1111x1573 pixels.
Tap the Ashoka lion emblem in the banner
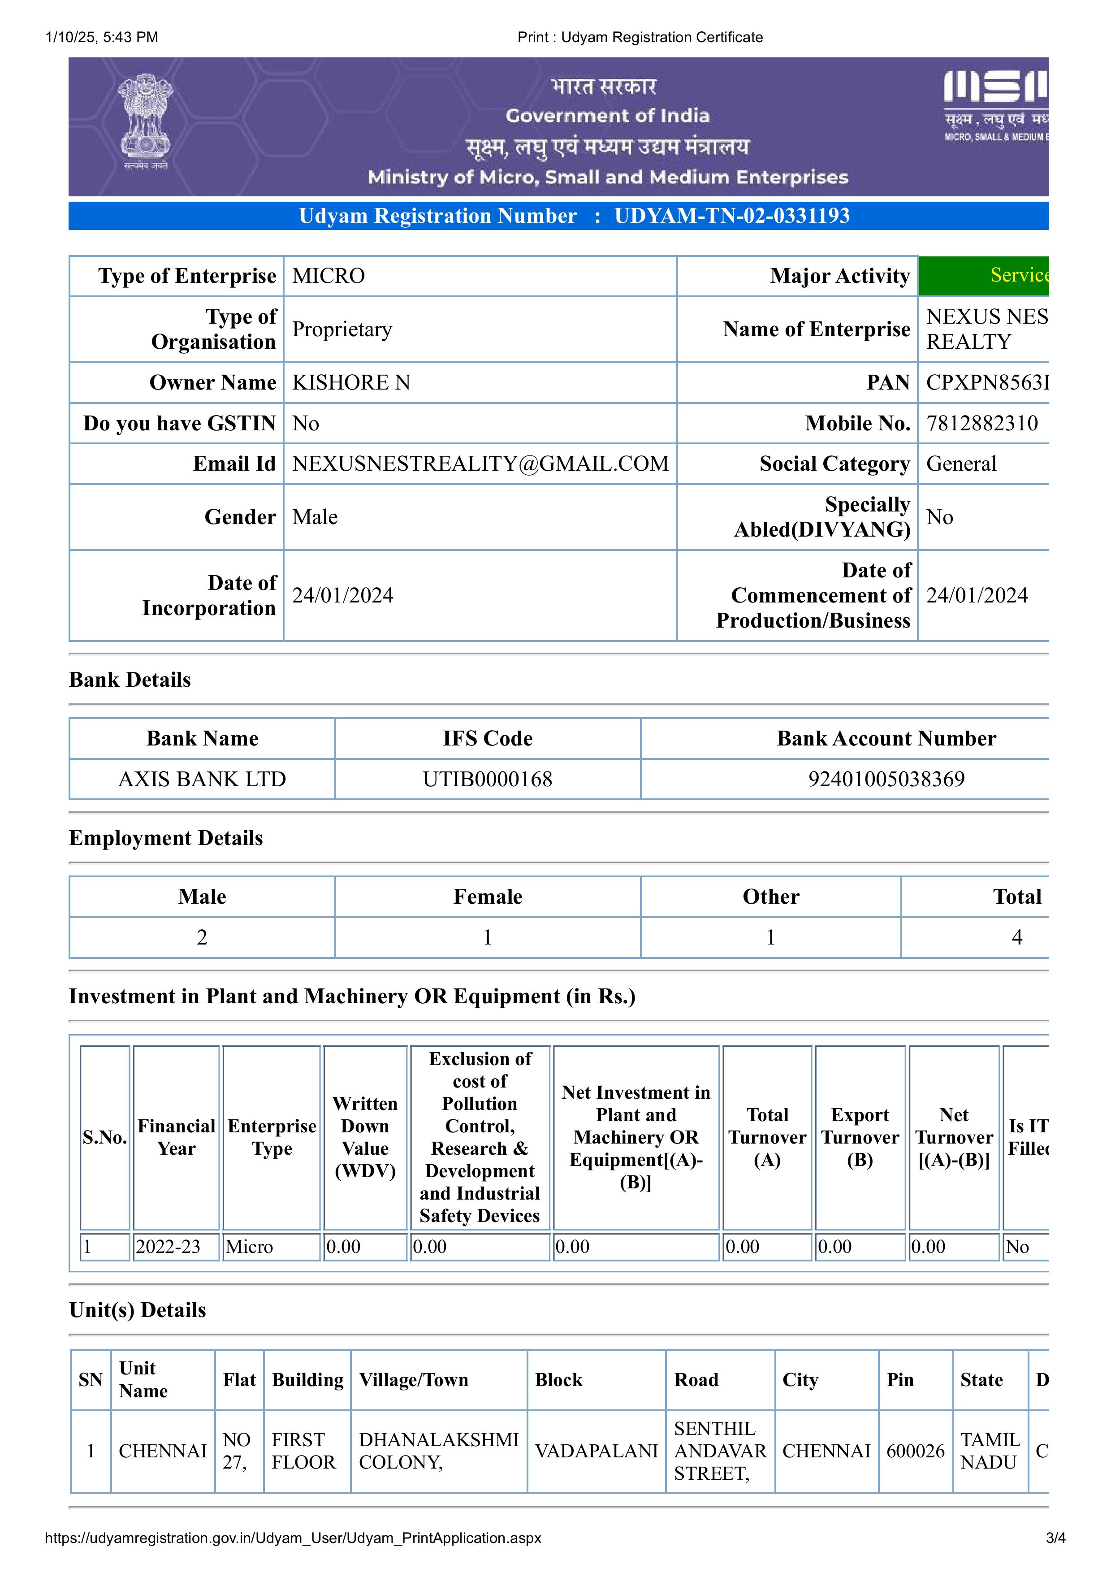point(145,120)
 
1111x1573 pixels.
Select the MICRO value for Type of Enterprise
point(329,276)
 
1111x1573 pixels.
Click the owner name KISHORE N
point(351,382)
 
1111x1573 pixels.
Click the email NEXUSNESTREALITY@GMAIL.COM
point(480,464)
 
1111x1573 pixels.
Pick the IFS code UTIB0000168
point(487,779)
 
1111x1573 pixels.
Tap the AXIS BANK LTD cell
point(202,779)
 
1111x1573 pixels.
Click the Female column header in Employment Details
point(488,897)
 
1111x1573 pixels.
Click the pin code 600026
point(915,1451)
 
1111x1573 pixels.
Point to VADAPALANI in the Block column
point(596,1451)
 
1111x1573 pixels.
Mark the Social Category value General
point(961,464)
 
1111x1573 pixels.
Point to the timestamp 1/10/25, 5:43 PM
point(101,37)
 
